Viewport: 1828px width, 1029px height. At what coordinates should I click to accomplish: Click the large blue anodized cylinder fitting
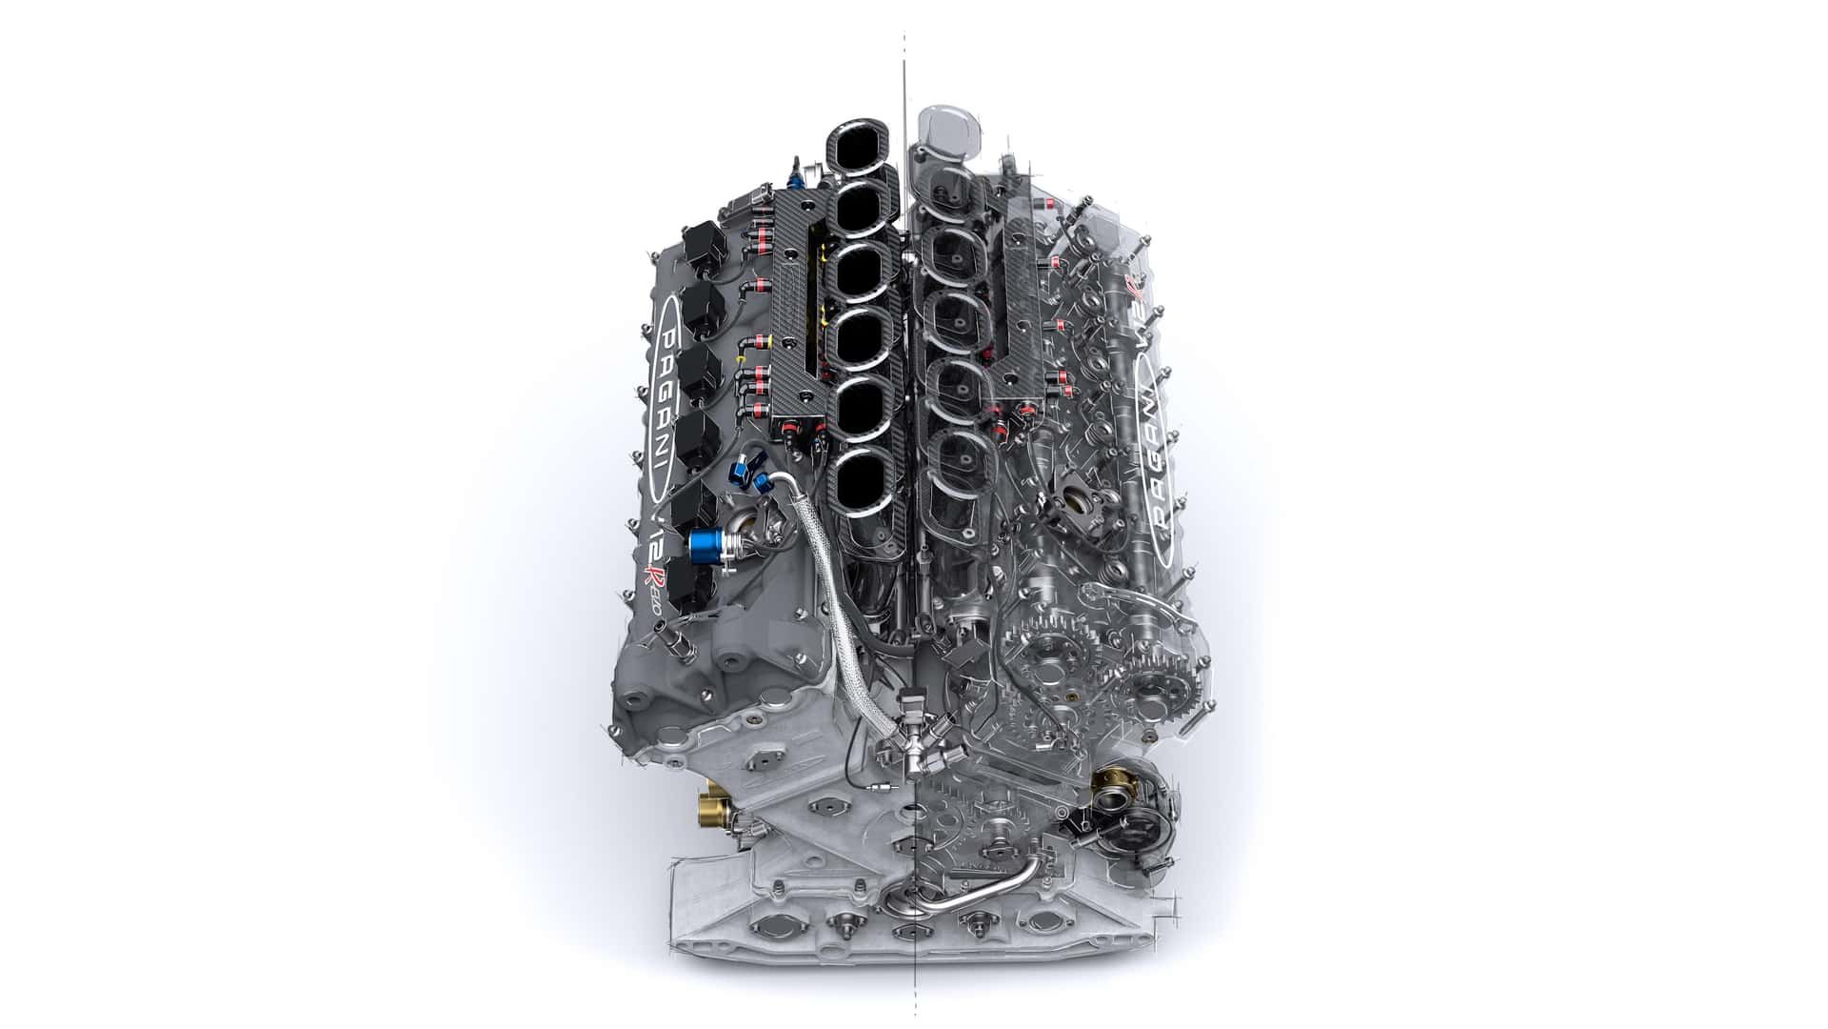(x=708, y=544)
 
